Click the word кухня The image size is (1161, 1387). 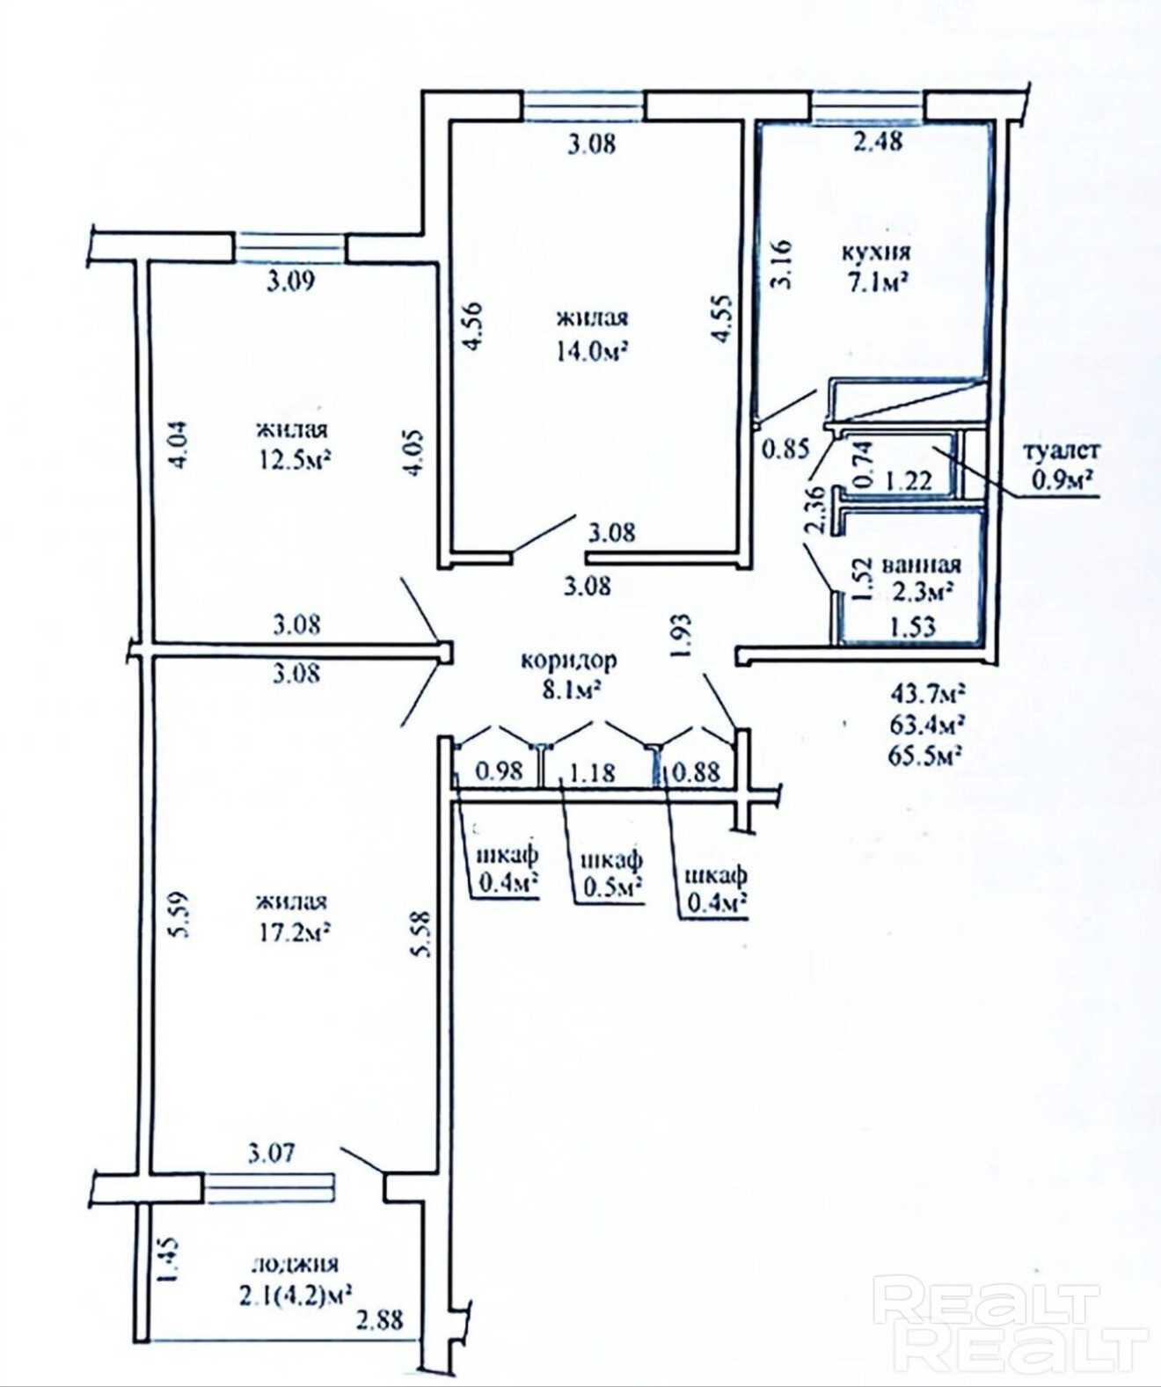pos(875,252)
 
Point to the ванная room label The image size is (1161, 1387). pos(921,565)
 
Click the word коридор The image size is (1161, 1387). pos(568,661)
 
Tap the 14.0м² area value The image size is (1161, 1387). pos(593,351)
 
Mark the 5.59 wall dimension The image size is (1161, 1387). pos(182,913)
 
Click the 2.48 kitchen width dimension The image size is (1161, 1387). pos(878,142)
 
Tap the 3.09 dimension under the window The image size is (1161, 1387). pos(290,282)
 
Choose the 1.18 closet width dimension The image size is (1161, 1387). pos(591,772)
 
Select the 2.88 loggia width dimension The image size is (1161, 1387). pos(379,1320)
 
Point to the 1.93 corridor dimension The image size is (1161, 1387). pos(683,637)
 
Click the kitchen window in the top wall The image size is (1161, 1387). pos(867,107)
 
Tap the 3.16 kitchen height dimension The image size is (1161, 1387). pos(783,265)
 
